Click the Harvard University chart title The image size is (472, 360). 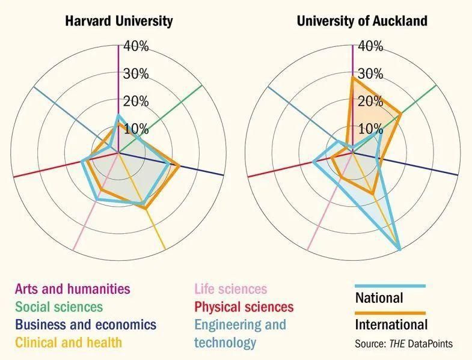tap(118, 21)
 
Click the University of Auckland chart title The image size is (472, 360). tap(362, 21)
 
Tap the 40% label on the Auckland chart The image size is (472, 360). tap(370, 46)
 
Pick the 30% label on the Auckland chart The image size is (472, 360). tap(370, 74)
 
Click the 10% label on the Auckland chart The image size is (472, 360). tap(370, 129)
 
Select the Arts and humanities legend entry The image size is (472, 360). tap(72, 289)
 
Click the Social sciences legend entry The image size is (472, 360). tap(59, 307)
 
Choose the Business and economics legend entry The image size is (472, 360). tap(85, 325)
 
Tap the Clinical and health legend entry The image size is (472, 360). tap(68, 343)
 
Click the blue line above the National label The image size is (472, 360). tap(390, 286)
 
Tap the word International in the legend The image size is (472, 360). tap(391, 325)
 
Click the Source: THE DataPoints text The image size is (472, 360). tap(403, 344)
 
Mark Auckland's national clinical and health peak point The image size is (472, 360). tap(400, 249)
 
